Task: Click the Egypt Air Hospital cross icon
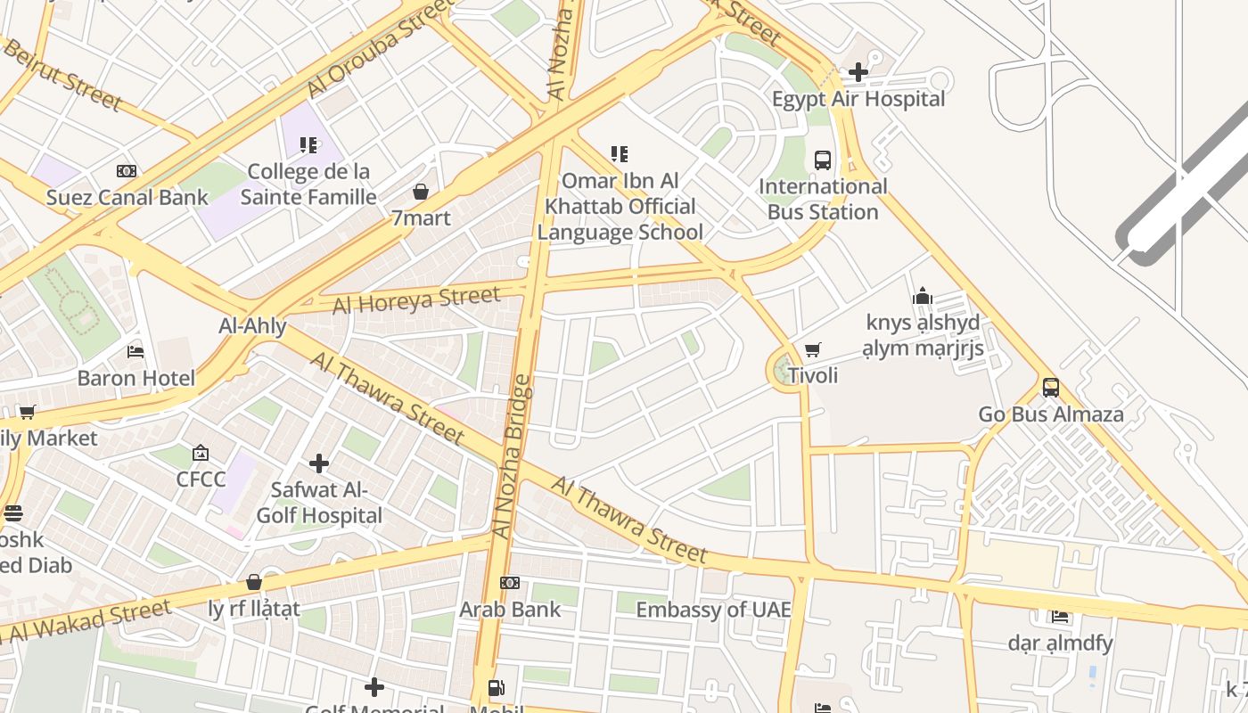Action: point(858,71)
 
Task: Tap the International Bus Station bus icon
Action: point(822,160)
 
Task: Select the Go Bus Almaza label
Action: point(1050,414)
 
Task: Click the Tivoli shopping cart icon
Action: point(812,350)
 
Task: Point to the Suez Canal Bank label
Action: point(127,197)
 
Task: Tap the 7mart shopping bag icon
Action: point(421,192)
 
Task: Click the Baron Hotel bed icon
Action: point(135,351)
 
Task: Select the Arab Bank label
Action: point(510,610)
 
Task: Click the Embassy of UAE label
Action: point(713,610)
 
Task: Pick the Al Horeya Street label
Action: point(416,300)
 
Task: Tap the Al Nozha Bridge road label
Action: point(511,457)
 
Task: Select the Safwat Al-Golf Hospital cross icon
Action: point(318,463)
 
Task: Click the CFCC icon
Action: point(201,453)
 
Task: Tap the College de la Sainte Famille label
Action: point(308,184)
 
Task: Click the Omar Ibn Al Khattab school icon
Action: point(620,154)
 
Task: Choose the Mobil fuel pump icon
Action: point(496,688)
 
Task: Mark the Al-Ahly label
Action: point(252,326)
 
